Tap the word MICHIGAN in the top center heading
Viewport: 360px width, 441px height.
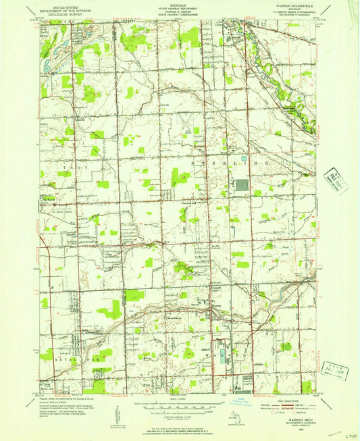point(180,3)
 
